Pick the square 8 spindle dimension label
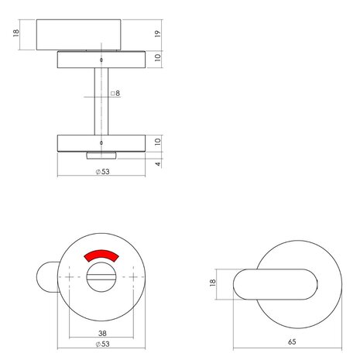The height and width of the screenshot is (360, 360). pyautogui.click(x=116, y=94)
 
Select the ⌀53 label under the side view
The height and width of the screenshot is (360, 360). pyautogui.click(x=102, y=172)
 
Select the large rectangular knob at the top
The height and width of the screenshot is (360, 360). pyautogui.click(x=80, y=34)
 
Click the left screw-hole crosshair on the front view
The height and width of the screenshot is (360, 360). pyautogui.click(x=70, y=277)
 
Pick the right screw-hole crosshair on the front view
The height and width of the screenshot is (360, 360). pyautogui.click(x=135, y=277)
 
